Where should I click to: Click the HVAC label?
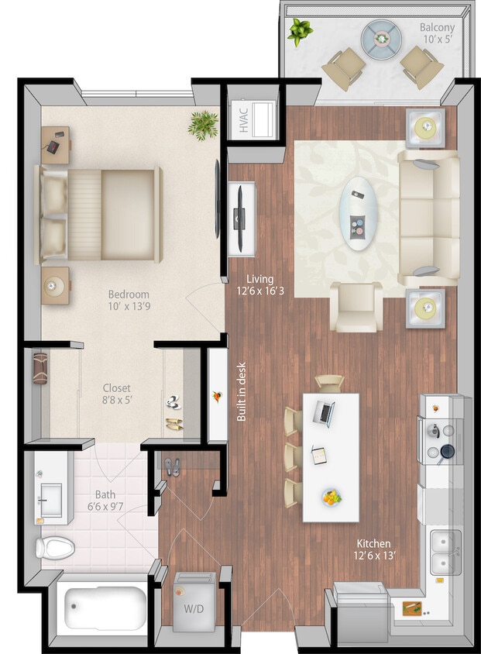pos(243,119)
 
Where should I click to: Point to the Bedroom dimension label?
pos(129,301)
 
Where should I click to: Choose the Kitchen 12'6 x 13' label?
pos(373,549)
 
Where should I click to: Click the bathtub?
pos(105,608)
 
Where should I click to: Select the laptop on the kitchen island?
pos(324,411)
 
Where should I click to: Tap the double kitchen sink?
pos(445,550)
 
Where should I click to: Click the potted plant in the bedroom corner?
pos(204,124)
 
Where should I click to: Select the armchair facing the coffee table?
pos(357,306)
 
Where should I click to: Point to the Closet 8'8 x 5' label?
pos(117,394)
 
